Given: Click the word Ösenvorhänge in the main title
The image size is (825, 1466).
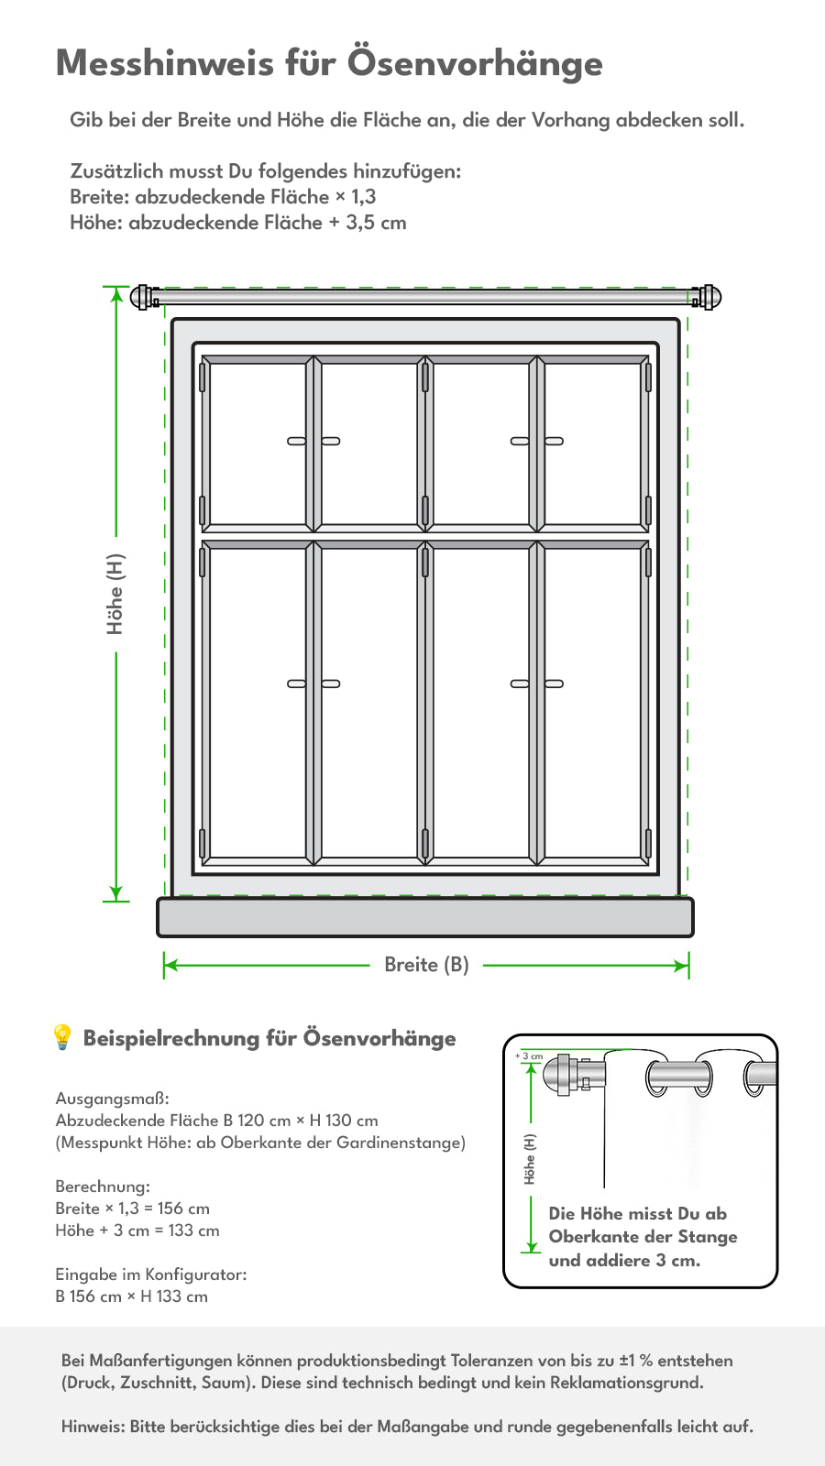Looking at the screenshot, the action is (475, 63).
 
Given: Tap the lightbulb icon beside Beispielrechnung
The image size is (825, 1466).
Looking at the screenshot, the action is (62, 1037).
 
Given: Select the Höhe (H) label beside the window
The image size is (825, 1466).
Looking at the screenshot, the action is (115, 595).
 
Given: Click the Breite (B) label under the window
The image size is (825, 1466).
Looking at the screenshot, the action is (426, 965).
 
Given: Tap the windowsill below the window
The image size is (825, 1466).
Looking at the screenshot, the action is (425, 917).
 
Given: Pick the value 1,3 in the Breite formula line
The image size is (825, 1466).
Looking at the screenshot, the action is (363, 196).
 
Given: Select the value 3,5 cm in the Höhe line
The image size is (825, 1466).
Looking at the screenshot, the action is (376, 223).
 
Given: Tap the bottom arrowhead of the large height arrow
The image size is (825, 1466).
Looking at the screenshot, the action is (115, 894).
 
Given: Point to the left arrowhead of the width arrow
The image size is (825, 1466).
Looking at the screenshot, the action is (170, 966).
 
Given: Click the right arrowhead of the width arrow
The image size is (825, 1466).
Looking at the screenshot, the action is (682, 966).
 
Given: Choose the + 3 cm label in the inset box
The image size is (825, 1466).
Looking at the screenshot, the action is (529, 1056).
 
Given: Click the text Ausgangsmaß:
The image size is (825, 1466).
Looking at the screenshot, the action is (112, 1099).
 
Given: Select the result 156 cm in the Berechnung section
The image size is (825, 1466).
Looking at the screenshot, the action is (183, 1209).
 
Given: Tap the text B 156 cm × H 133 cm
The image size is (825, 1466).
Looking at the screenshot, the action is (132, 1296).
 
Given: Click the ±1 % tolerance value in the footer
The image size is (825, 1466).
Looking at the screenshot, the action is (636, 1360).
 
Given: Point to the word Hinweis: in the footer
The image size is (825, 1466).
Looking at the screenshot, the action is (93, 1426).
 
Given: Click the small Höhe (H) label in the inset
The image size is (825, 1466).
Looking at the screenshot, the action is (529, 1159).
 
